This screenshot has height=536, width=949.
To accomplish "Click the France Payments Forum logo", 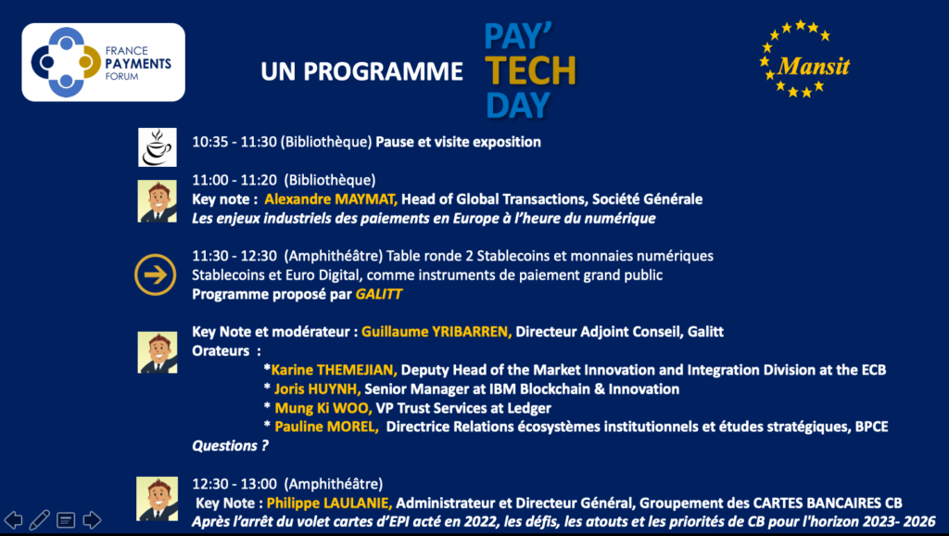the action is [x=104, y=62].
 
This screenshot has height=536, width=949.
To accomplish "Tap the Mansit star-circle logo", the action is [x=804, y=58].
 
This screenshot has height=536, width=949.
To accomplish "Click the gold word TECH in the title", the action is [x=530, y=70].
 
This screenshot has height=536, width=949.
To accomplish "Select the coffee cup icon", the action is [x=158, y=147].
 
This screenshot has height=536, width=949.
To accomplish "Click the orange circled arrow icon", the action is [x=156, y=274].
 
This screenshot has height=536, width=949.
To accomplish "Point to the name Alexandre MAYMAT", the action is [x=331, y=199].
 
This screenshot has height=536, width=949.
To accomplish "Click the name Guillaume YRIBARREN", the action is [x=437, y=332].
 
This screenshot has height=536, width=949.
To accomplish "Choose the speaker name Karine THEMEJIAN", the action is [x=334, y=370].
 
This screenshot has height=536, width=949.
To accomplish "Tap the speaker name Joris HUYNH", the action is [x=317, y=389].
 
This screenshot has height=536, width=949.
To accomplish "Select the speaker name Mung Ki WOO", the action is [x=323, y=408].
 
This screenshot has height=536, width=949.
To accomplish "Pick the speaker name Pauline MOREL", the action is [x=326, y=427].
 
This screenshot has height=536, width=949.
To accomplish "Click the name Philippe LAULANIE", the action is [x=329, y=504].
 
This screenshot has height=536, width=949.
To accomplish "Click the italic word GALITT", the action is [x=379, y=294].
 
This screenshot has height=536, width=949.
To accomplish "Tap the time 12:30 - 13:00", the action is [x=234, y=484].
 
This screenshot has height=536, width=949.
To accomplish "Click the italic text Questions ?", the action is [x=230, y=446].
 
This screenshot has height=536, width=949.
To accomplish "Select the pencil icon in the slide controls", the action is [x=39, y=519].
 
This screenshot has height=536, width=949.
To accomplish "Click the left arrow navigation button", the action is [x=13, y=519].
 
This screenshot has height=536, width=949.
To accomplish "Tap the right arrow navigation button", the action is [x=92, y=519].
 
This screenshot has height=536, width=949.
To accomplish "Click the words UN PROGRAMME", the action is [x=362, y=71].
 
